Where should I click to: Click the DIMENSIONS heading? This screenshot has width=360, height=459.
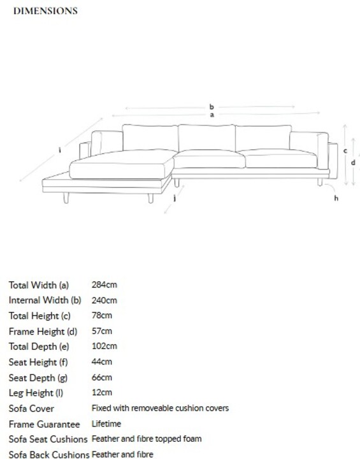pyautogui.click(x=45, y=11)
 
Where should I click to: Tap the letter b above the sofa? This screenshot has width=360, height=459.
pyautogui.click(x=212, y=107)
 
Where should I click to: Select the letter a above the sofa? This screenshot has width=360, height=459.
pyautogui.click(x=212, y=115)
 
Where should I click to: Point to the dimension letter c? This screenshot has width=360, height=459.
pyautogui.click(x=345, y=150)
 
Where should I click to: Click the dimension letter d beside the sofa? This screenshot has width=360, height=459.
pyautogui.click(x=353, y=163)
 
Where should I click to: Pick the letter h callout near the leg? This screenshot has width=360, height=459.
pyautogui.click(x=336, y=198)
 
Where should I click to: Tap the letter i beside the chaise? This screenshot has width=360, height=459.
pyautogui.click(x=60, y=150)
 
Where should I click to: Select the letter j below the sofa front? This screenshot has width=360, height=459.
pyautogui.click(x=175, y=198)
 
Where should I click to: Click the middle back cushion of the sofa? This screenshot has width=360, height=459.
pyautogui.click(x=206, y=138)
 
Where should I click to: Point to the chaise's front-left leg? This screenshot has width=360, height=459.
pyautogui.click(x=66, y=198)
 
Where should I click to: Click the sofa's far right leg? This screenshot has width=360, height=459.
pyautogui.click(x=320, y=182)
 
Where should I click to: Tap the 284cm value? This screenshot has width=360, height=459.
pyautogui.click(x=104, y=284)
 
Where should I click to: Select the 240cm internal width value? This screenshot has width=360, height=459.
pyautogui.click(x=104, y=300)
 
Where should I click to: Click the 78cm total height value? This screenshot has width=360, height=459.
pyautogui.click(x=101, y=316)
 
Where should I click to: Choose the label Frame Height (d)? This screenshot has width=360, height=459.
pyautogui.click(x=43, y=331)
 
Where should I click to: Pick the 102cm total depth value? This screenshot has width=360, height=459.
pyautogui.click(x=104, y=346)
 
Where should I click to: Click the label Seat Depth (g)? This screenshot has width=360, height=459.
pyautogui.click(x=38, y=378)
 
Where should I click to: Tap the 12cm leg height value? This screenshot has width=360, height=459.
pyautogui.click(x=101, y=392)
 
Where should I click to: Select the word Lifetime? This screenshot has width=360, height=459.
pyautogui.click(x=106, y=423)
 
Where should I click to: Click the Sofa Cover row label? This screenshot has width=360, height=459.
pyautogui.click(x=31, y=409)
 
